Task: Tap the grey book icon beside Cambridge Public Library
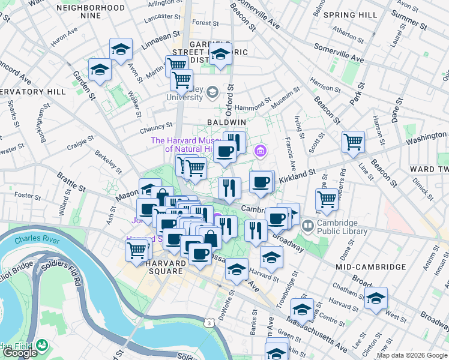point(308,226)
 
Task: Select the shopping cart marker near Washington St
point(353,142)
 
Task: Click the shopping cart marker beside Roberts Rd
point(327,199)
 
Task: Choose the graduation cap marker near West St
point(376,297)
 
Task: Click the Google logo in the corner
point(20,353)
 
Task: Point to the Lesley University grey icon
point(212,92)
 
